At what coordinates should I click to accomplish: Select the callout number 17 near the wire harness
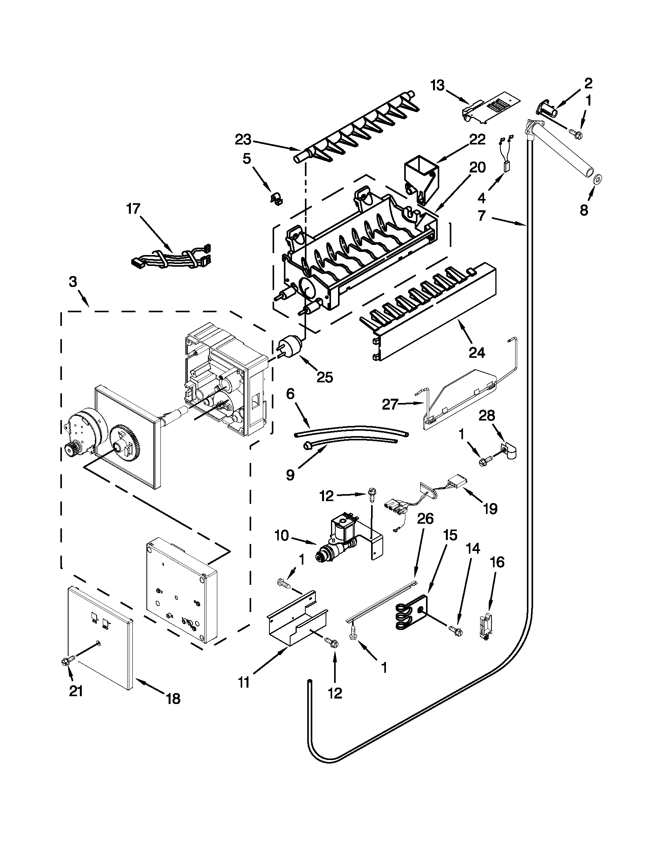point(133,209)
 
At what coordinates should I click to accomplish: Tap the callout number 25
point(324,377)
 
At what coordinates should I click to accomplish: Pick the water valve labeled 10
point(340,540)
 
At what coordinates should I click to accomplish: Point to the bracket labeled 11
point(296,622)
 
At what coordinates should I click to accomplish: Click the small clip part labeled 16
point(485,624)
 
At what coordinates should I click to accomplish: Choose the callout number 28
point(487,415)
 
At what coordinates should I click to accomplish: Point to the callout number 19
point(490,509)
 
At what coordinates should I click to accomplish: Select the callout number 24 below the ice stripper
point(477,352)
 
